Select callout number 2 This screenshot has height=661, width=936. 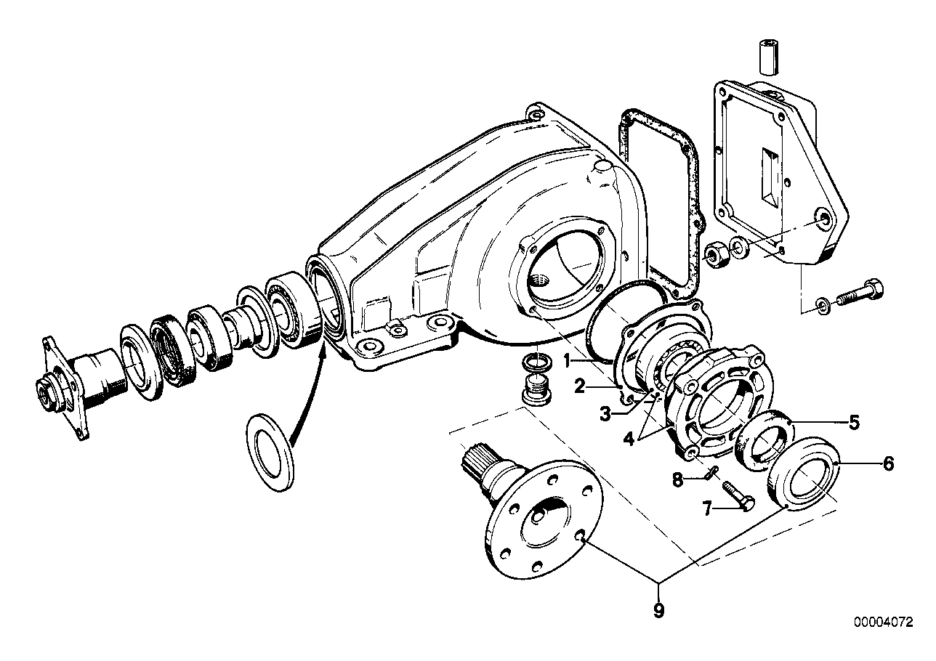pyautogui.click(x=579, y=386)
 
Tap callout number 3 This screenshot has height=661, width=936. pyautogui.click(x=605, y=415)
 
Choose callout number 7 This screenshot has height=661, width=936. pyautogui.click(x=707, y=509)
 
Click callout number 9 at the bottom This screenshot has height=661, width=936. pyautogui.click(x=658, y=610)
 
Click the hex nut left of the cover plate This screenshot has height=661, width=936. pyautogui.click(x=716, y=256)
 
